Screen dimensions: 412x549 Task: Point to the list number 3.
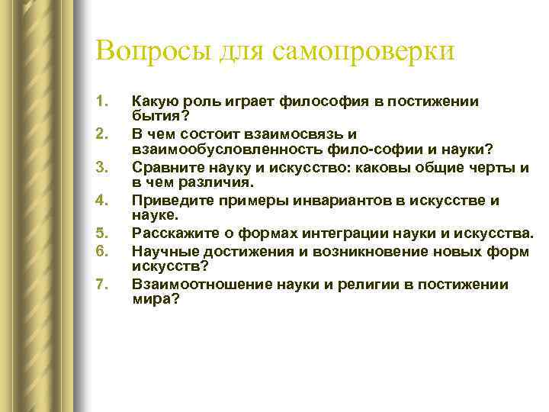pyautogui.click(x=103, y=166)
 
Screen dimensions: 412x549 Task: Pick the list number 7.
pyautogui.click(x=103, y=286)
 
